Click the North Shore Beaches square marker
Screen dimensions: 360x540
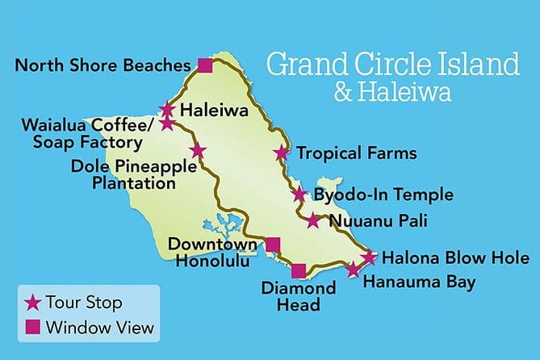(205, 65)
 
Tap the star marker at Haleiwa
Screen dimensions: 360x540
(167, 109)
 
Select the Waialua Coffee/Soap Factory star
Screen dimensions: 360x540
(167, 123)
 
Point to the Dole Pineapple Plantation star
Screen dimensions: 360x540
(198, 151)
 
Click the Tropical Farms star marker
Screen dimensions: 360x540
(281, 153)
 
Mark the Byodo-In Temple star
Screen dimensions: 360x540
(299, 194)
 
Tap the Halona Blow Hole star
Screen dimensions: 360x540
(369, 258)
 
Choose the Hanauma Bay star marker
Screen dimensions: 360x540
(353, 270)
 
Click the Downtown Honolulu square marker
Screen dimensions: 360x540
(274, 245)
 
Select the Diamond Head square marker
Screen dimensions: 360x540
(299, 271)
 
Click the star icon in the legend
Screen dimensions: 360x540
(32, 303)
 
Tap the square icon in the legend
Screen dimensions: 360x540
(32, 328)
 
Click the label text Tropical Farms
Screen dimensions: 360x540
(356, 153)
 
